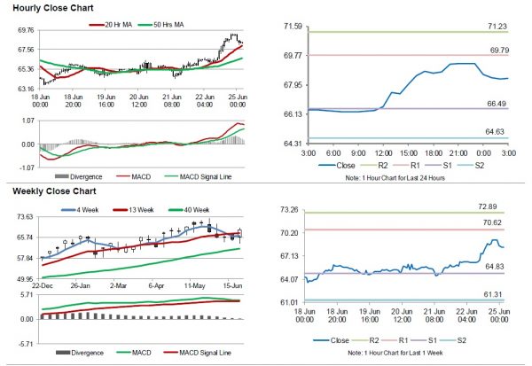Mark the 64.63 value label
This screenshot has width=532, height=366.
coord(497,131)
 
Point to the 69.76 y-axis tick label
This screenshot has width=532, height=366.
coord(23,29)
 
